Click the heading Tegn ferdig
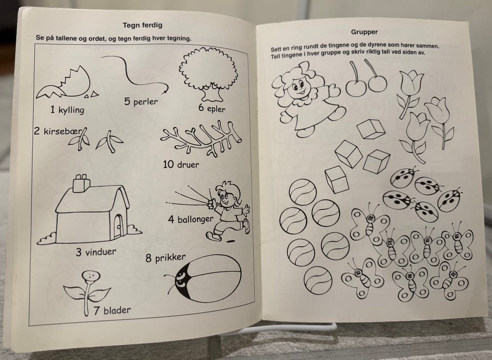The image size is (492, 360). tap(142, 25)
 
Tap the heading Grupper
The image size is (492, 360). tap(364, 32)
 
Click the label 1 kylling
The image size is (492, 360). tap(67, 110)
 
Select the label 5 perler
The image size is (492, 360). tap(141, 101)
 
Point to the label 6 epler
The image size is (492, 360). tap(212, 109)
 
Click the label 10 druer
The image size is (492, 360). tap(181, 164)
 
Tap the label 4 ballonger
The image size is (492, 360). tap(191, 219)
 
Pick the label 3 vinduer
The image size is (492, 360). tap(96, 252)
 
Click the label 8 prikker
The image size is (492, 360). tap(166, 258)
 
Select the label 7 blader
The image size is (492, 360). tap(112, 310)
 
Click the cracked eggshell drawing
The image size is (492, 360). tap(67, 83)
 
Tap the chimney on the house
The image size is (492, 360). tap(81, 183)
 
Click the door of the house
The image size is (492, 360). tap(118, 225)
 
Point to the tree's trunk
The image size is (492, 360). tap(212, 93)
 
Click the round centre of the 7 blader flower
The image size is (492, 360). tap(91, 276)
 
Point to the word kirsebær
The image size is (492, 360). tap(62, 131)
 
